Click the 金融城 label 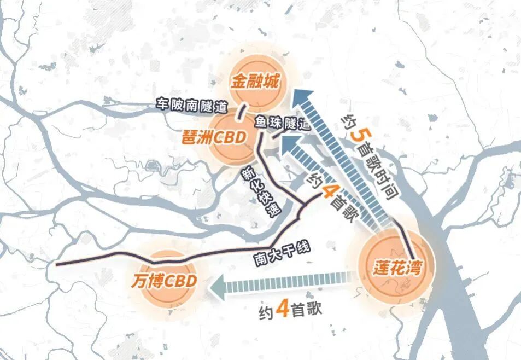255,83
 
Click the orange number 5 356,132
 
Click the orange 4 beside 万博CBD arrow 283,310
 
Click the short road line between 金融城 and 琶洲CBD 241,113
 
